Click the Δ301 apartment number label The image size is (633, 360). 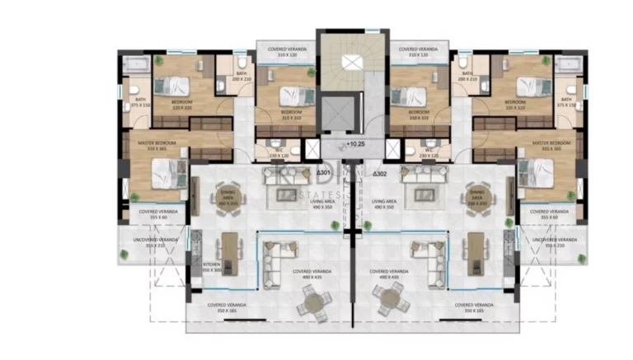tap(324, 174)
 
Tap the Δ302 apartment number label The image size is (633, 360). tap(380, 174)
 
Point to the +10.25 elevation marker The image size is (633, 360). tap(354, 143)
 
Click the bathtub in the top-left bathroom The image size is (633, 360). tap(134, 64)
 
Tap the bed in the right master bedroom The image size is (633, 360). tap(537, 171)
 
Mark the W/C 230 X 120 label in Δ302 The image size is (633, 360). tap(420, 153)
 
